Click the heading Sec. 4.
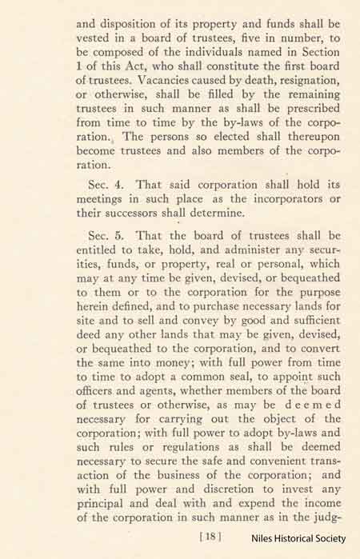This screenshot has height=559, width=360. tap(108, 186)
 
